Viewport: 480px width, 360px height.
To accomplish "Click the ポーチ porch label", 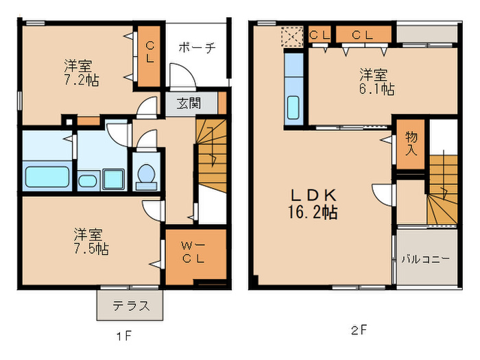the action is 197,47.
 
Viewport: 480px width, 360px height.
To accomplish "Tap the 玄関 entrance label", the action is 189,104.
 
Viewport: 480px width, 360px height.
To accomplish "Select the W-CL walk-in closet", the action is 196,256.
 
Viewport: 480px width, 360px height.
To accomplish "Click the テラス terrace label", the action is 132,305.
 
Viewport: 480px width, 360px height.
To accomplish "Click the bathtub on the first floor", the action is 47,177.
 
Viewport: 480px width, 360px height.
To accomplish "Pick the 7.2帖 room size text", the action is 82,80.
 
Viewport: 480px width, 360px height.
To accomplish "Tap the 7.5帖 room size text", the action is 91,249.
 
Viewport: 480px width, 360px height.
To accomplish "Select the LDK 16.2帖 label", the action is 313,204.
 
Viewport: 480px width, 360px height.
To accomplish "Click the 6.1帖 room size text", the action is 377,89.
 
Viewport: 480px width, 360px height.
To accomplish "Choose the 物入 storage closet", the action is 411,144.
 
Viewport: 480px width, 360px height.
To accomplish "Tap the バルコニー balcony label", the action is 426,260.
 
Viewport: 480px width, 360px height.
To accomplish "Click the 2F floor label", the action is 359,331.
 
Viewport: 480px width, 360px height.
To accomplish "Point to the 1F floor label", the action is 123,337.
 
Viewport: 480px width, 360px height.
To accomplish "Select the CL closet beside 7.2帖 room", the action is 149,56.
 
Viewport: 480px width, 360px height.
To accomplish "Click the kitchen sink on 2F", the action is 293,108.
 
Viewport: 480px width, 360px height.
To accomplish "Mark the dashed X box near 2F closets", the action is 291,36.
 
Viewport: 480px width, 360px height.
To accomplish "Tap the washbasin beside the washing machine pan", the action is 88,180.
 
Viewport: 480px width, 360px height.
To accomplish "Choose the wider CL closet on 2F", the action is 363,34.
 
